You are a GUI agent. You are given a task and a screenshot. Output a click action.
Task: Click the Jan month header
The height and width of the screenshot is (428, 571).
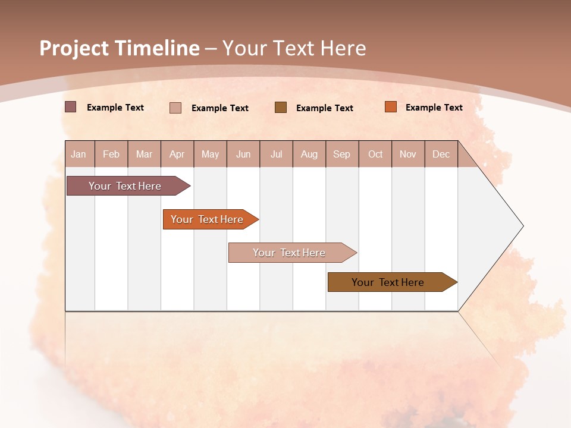[x=79, y=154]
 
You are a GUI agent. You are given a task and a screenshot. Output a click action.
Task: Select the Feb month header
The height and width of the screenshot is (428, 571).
[x=111, y=154]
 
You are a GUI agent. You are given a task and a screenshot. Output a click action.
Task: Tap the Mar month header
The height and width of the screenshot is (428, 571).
[x=144, y=154]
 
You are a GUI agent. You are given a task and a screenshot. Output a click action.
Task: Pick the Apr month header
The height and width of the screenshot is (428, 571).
[x=177, y=154]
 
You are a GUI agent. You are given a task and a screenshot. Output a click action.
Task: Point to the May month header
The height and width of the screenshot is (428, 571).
[x=210, y=154]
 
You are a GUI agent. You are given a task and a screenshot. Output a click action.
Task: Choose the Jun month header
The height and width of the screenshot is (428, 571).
[x=243, y=154]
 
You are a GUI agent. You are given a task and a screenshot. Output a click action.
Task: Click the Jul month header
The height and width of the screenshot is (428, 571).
[x=276, y=154]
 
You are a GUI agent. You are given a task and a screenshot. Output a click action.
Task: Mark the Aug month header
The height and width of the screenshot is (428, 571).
[x=309, y=154]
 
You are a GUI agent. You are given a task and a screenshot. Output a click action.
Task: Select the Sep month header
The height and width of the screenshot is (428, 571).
[x=342, y=154]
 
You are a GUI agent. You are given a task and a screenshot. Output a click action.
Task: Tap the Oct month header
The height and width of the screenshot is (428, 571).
[x=375, y=154]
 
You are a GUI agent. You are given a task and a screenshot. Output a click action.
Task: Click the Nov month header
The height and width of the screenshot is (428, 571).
[x=408, y=154]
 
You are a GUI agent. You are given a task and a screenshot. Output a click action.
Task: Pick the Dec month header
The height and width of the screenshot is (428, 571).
[x=441, y=154]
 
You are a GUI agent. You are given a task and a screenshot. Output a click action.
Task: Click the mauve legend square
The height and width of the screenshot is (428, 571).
[x=71, y=107]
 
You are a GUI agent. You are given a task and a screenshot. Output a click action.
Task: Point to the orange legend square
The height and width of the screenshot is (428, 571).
[x=391, y=107]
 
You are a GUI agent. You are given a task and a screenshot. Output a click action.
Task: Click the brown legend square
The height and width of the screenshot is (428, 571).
[x=281, y=107]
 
